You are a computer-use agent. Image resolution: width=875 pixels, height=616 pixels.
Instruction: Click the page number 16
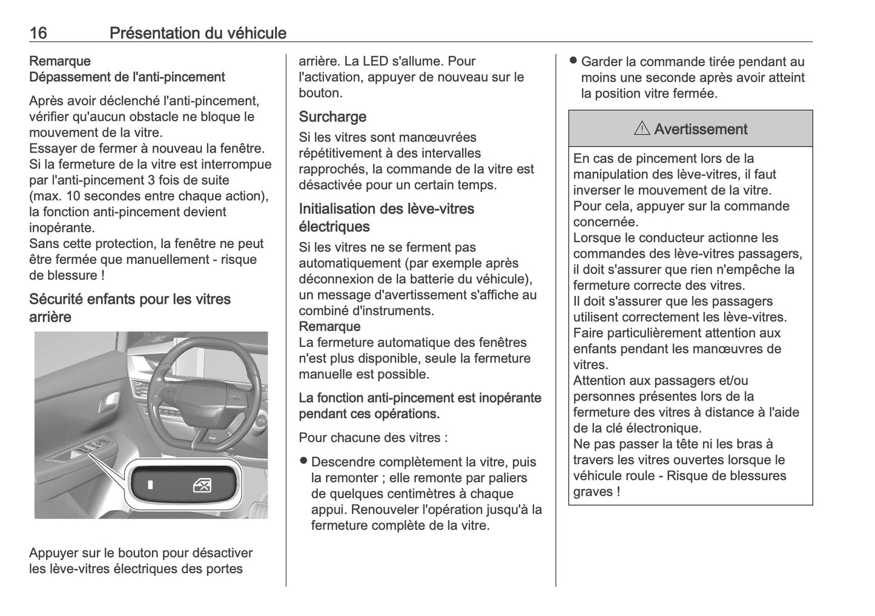(x=38, y=33)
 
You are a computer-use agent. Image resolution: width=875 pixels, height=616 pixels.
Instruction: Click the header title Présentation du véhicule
(x=197, y=33)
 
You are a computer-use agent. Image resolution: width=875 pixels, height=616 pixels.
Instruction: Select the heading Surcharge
(x=332, y=116)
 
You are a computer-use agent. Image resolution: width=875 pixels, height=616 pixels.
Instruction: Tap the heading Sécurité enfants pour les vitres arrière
(x=130, y=307)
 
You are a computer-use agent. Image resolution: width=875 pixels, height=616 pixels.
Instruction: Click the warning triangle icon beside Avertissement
(x=642, y=129)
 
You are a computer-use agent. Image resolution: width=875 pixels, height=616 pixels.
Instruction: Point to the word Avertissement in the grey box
(x=701, y=129)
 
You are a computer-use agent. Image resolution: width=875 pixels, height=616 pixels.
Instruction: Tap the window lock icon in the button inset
(x=202, y=485)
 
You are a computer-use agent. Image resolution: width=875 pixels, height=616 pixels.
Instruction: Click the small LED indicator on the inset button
(x=151, y=485)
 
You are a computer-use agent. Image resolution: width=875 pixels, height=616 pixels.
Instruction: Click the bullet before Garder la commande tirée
(x=572, y=61)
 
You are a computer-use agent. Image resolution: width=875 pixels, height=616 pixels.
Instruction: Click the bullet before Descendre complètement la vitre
(x=303, y=461)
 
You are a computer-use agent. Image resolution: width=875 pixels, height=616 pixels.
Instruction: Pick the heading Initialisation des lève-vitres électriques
(x=386, y=217)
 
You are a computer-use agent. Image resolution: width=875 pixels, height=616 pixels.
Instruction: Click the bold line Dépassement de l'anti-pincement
(x=127, y=77)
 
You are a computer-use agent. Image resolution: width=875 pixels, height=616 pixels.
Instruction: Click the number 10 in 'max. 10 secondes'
(x=72, y=196)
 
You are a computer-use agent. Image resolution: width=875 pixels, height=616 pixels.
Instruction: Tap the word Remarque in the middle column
(x=329, y=327)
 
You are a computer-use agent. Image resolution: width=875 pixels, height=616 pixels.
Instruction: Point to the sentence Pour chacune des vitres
(x=373, y=437)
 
